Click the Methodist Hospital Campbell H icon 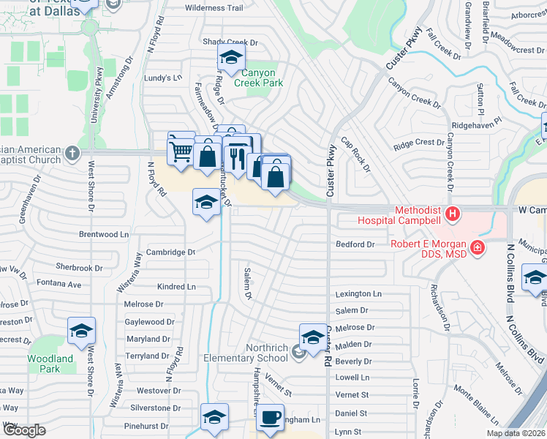tap(453, 214)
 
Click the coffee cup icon tap(271, 418)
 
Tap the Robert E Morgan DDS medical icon tap(478, 249)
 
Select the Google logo tap(24, 430)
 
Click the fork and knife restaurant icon tap(236, 155)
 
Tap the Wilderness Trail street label tap(214, 8)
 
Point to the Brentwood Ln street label tap(104, 235)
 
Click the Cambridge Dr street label tap(170, 252)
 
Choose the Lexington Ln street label tap(358, 293)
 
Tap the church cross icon tap(72, 154)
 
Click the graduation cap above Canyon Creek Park tap(231, 58)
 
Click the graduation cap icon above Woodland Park tap(81, 331)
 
